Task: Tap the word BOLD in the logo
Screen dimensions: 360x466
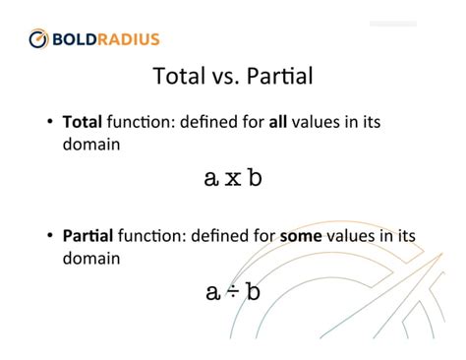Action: [x=77, y=39]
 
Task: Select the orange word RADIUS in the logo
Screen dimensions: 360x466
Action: [x=130, y=39]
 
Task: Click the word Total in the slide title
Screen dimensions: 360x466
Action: [x=185, y=77]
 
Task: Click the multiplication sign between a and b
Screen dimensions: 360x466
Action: [x=233, y=178]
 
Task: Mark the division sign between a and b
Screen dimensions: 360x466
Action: [x=233, y=292]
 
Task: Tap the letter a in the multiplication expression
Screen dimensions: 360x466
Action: [x=210, y=178]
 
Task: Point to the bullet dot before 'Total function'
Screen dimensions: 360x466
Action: [x=50, y=125]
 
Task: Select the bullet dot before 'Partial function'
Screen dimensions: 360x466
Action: [x=50, y=237]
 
